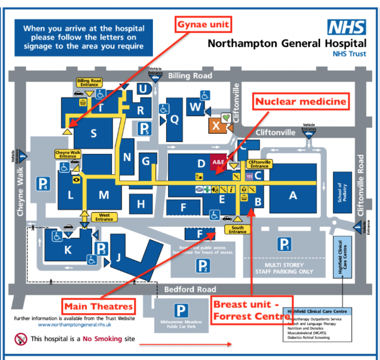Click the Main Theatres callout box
click(98, 306)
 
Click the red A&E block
click(218, 162)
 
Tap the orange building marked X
click(216, 126)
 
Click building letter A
click(293, 196)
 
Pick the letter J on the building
click(118, 257)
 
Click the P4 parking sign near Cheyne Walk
click(43, 185)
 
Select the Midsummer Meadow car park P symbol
click(182, 311)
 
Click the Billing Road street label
click(190, 76)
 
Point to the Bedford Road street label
click(190, 289)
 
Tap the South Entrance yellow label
click(237, 229)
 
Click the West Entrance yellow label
click(104, 216)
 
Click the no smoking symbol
click(21, 339)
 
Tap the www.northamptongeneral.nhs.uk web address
click(75, 325)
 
